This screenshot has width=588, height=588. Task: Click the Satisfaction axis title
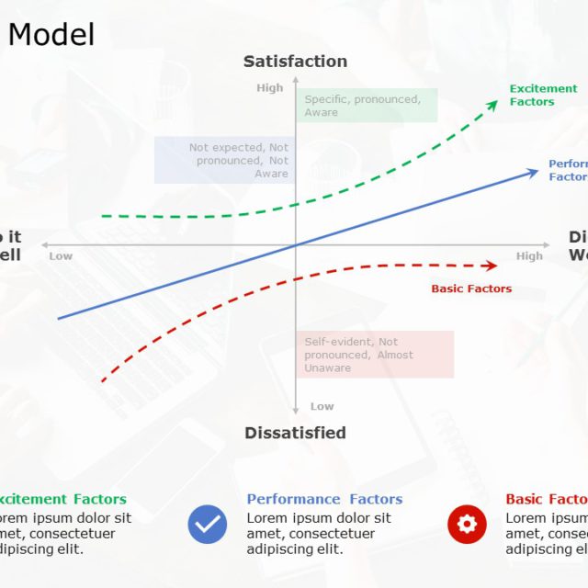[295, 62]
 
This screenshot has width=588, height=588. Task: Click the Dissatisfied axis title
[295, 433]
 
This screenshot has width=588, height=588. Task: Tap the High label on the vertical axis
[270, 88]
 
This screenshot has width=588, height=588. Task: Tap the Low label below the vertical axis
[322, 406]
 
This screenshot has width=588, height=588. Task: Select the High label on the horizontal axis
[529, 256]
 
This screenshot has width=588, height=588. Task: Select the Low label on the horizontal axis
[61, 256]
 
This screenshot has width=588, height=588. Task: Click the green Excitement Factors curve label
[543, 96]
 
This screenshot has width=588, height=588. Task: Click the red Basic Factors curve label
[471, 288]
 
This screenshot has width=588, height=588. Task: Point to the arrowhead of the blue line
[535, 171]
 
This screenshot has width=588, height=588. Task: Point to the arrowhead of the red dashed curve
[492, 266]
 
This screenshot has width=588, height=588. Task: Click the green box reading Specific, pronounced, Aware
[367, 106]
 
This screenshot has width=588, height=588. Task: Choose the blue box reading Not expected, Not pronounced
[224, 160]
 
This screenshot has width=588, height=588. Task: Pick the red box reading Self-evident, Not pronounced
[375, 355]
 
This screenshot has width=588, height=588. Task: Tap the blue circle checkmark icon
[208, 525]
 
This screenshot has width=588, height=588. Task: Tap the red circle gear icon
[467, 525]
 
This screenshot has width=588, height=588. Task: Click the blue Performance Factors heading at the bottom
[324, 500]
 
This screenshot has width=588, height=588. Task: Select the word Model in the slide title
[51, 35]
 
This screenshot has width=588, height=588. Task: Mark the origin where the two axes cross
[296, 245]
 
